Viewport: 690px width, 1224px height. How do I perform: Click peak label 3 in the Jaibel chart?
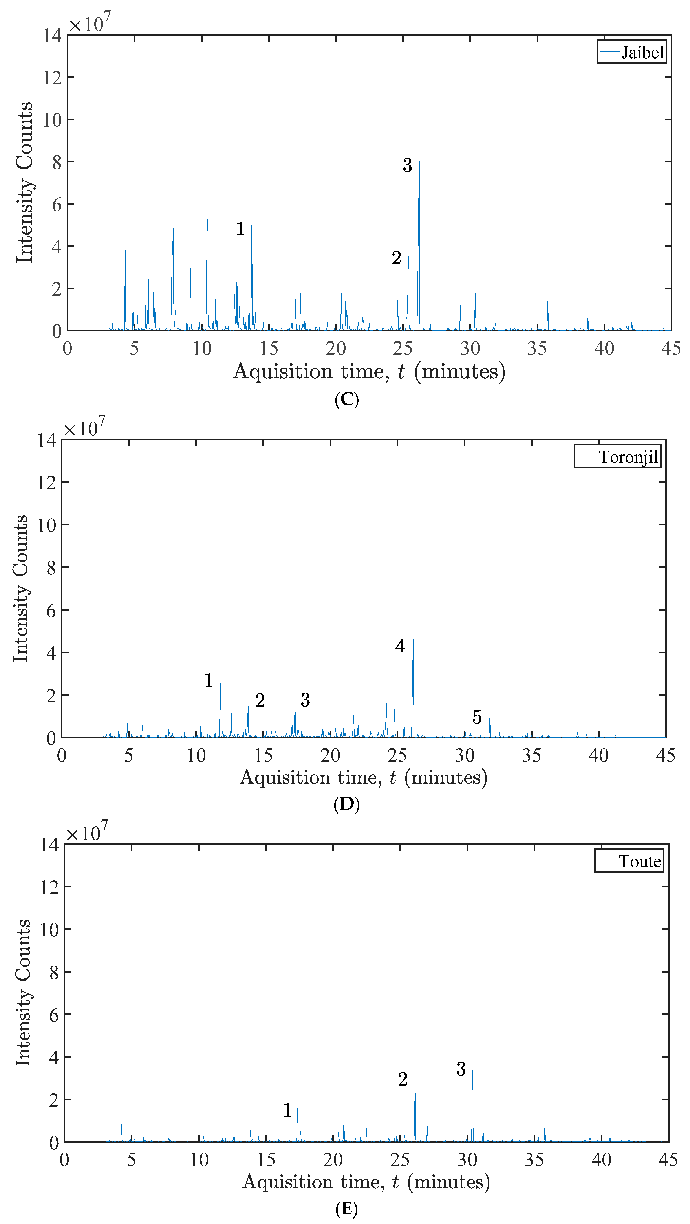[x=407, y=165]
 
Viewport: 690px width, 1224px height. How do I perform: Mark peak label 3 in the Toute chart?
[x=461, y=1069]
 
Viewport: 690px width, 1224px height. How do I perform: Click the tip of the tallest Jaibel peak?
[x=419, y=162]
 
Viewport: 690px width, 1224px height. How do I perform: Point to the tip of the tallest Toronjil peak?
[x=413, y=640]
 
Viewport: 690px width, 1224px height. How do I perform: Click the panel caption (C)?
[x=346, y=400]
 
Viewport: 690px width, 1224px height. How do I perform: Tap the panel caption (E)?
[x=346, y=1208]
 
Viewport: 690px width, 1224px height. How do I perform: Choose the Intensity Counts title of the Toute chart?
[x=23, y=993]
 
